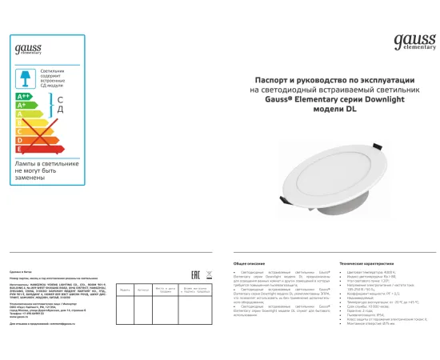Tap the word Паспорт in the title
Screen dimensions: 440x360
click(x=274, y=81)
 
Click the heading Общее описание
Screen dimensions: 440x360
click(x=249, y=262)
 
